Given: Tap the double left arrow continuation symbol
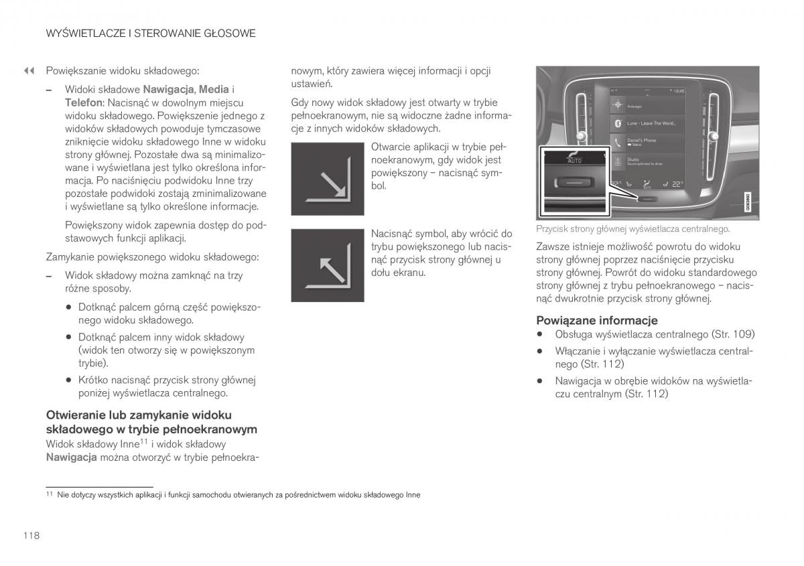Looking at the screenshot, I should pos(29,70).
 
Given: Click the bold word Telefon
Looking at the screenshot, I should pos(83,102).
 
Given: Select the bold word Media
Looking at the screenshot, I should pos(214,89).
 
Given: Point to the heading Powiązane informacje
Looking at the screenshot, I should pos(596,320).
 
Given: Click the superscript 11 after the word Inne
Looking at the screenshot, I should pos(143,441).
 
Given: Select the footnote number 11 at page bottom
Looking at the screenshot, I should pos(49,494).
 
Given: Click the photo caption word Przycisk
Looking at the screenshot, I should pos(551,229).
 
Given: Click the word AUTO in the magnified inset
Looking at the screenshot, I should pos(574,161).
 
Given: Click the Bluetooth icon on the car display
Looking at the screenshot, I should pos(617,123).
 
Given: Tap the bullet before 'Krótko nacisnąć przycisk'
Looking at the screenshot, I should pos(68,380).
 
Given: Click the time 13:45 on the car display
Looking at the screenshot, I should pos(678,90).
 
